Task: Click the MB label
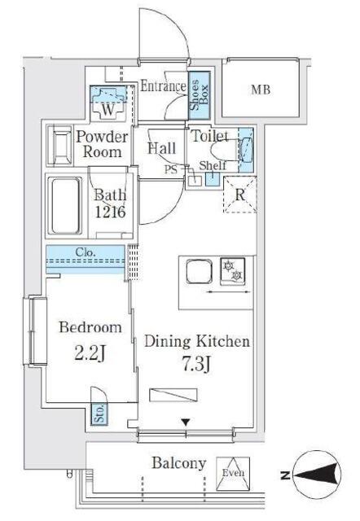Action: click(x=261, y=90)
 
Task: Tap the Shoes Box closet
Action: click(x=200, y=95)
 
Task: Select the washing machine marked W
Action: click(x=108, y=103)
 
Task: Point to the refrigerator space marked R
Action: click(x=239, y=195)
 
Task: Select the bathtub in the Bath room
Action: click(x=65, y=206)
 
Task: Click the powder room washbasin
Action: click(x=59, y=146)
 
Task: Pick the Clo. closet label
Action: click(x=86, y=252)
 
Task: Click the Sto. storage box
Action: click(x=99, y=414)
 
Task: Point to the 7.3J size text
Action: click(x=196, y=365)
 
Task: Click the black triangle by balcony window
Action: click(x=186, y=422)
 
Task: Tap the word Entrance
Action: click(x=163, y=86)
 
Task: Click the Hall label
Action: click(x=162, y=148)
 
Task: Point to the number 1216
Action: click(x=110, y=212)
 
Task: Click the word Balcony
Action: click(x=179, y=463)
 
